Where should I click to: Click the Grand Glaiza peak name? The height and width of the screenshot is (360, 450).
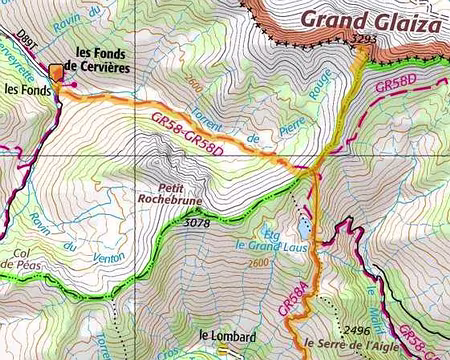click(x=371, y=20)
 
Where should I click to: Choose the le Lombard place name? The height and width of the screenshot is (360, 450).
click(x=227, y=336)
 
